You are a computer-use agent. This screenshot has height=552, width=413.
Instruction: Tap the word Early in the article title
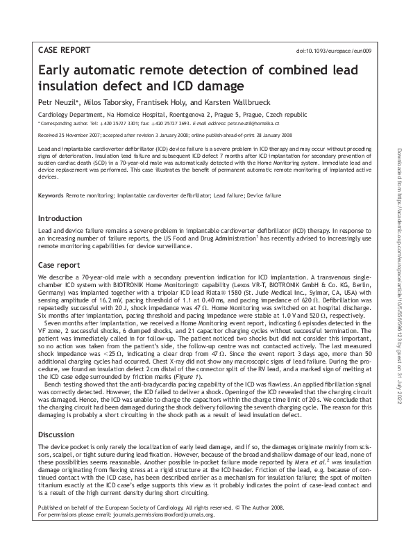pyautogui.click(x=58, y=71)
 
